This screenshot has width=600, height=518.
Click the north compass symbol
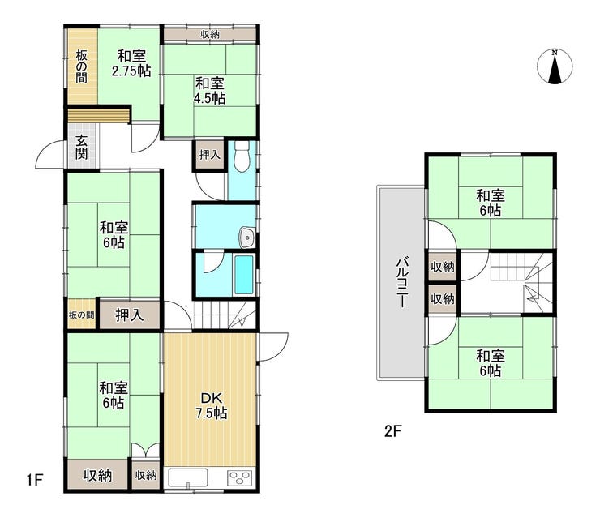555,67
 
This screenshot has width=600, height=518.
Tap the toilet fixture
242,156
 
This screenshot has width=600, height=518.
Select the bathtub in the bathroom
243,275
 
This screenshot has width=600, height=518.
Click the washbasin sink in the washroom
247,238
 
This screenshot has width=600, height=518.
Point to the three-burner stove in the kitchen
240,477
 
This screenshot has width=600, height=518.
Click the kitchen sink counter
188,477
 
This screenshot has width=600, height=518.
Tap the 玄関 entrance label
81,147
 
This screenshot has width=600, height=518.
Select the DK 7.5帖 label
212,405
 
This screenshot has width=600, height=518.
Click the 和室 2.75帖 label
131,63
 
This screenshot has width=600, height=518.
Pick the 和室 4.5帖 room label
209,91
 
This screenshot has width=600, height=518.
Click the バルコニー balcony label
401,284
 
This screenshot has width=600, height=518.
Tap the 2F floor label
392,431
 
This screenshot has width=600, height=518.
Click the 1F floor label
35,479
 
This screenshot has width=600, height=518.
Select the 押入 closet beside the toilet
210,155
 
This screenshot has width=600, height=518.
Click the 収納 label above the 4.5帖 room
210,34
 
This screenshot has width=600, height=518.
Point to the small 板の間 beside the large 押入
81,315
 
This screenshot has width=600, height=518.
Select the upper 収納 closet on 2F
443,267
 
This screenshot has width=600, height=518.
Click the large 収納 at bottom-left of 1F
97,475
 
